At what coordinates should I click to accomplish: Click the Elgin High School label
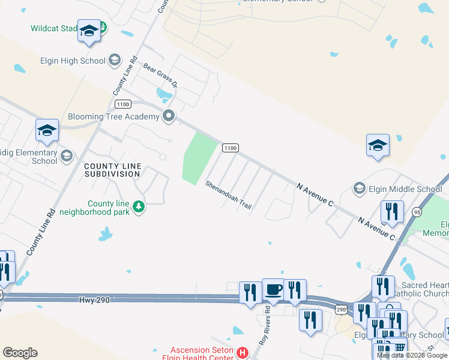73,61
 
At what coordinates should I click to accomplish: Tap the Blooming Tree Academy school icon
169,116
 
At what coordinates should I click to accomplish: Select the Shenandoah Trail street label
229,194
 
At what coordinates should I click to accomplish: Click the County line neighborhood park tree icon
139,207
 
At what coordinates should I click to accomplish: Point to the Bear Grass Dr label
160,74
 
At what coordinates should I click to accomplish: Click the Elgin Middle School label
407,189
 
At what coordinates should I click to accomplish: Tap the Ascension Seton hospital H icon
243,352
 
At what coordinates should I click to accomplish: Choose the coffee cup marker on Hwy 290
274,290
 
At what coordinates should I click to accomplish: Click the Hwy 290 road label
94,299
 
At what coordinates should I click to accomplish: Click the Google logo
20,353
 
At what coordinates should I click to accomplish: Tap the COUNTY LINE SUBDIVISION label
112,170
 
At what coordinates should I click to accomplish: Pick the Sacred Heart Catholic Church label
420,289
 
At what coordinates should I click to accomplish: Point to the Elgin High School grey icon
115,60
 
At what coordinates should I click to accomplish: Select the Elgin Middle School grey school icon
360,189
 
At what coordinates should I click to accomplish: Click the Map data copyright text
412,355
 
